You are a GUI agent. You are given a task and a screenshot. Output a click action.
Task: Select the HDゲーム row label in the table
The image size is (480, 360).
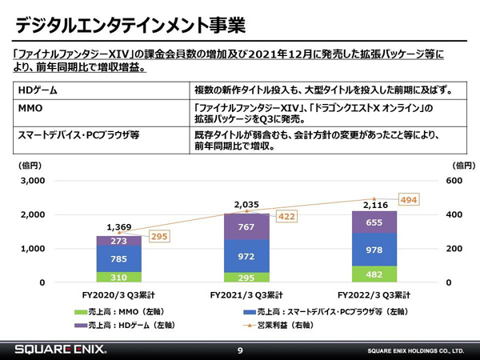click(x=38, y=89)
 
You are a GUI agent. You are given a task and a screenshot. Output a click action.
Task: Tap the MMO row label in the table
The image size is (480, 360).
click(x=30, y=106)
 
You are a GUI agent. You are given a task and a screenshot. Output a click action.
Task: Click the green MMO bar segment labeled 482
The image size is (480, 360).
click(x=374, y=274)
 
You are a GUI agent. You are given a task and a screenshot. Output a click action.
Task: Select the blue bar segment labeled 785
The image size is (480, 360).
click(x=118, y=258)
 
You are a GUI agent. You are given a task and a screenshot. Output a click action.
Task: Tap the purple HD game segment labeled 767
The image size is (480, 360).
click(x=246, y=226)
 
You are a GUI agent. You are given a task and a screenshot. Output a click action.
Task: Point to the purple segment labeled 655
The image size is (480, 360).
click(x=374, y=222)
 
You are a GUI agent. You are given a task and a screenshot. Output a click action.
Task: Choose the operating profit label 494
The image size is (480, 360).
click(x=408, y=199)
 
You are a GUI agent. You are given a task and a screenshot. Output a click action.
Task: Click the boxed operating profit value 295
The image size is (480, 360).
click(x=159, y=238)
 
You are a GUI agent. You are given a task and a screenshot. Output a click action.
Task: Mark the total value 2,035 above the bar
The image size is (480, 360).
click(x=246, y=205)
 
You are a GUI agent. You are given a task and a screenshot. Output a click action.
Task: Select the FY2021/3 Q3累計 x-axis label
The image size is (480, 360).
click(x=246, y=295)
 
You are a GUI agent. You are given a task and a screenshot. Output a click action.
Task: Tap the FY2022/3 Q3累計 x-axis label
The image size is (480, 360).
click(x=374, y=295)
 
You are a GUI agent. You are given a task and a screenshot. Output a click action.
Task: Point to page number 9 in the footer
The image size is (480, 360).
click(x=240, y=350)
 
